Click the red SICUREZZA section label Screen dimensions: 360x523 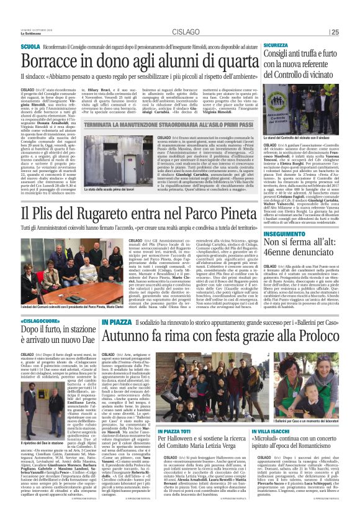(276, 45)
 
